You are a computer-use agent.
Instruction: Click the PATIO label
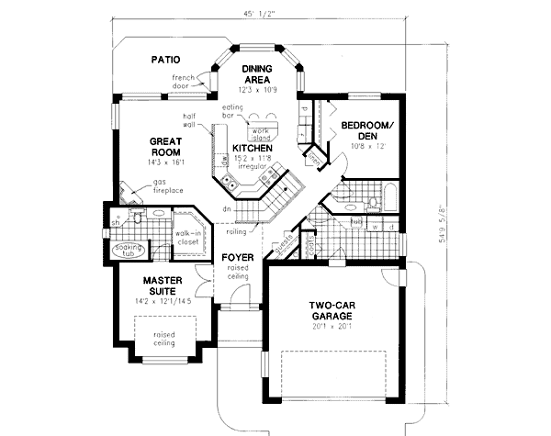pos(165,61)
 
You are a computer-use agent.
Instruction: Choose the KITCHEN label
pos(250,147)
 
